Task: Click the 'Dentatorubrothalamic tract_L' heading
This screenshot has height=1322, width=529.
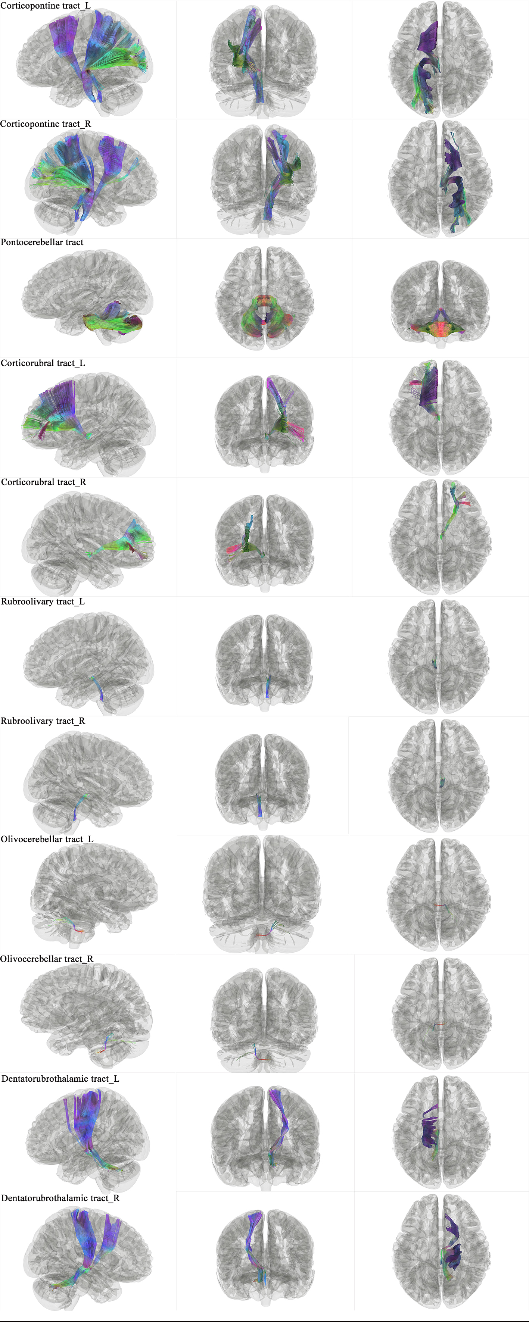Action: click(x=60, y=1079)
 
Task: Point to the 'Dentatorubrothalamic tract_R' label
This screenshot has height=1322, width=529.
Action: click(x=60, y=1198)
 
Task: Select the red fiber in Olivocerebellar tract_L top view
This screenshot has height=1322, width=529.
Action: click(x=439, y=905)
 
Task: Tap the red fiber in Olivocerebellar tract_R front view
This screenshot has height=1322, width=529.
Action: click(x=262, y=1059)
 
